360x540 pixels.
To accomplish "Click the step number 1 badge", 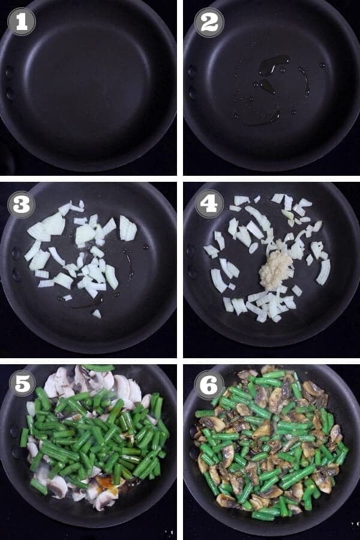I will [x=21, y=22].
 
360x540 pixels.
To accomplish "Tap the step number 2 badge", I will [x=209, y=22].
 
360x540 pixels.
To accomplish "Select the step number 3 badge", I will [x=21, y=205].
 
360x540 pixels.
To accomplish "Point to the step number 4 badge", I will [x=209, y=205].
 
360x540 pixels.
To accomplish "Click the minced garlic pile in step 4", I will [x=275, y=270].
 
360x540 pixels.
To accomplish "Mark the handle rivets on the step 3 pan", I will [x=15, y=264].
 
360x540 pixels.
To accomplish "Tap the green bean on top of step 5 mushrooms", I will [x=98, y=367].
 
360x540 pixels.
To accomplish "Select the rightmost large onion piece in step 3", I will [x=128, y=229].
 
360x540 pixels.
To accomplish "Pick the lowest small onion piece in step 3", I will [x=97, y=313].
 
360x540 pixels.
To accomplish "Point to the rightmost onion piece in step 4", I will [x=323, y=272].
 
